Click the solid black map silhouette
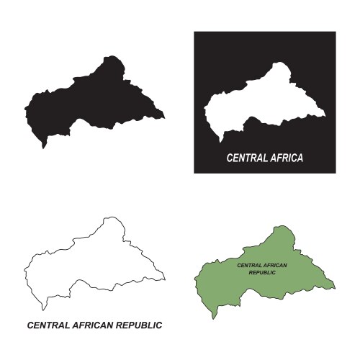(x=94, y=101)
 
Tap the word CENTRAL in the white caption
(x=247, y=157)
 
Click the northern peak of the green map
(x=279, y=227)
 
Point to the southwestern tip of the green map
(x=213, y=316)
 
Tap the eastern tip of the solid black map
(x=164, y=115)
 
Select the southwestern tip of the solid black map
(x=43, y=148)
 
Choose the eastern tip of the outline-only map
(x=164, y=276)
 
